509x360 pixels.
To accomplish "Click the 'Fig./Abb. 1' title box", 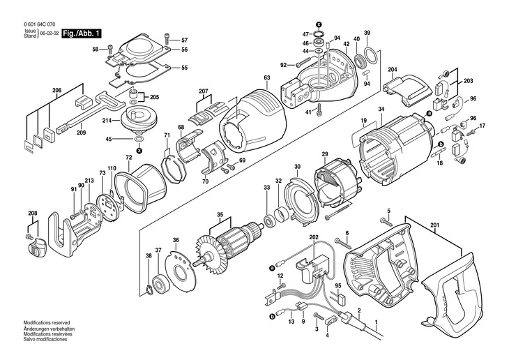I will point(82,33).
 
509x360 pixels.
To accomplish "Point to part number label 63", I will point(266,77).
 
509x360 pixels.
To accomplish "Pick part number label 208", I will point(32,213).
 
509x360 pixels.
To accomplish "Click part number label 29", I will point(324,153).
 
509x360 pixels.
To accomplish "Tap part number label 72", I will point(128,158).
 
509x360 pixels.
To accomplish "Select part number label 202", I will point(314,239).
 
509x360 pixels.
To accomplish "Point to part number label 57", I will point(185,40).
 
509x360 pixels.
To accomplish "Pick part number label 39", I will point(367,33).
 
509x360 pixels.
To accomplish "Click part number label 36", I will point(176,240).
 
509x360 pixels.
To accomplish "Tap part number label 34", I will point(381,109).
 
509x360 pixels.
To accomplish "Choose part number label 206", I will point(57,90).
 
